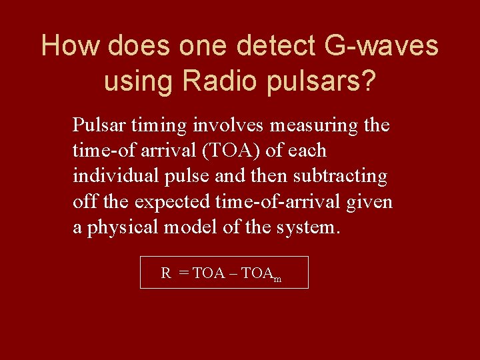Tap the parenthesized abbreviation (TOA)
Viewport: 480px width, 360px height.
point(232,151)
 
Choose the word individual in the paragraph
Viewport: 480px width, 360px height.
point(110,176)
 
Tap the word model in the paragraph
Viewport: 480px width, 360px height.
point(187,227)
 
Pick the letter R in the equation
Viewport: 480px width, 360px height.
point(166,273)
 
